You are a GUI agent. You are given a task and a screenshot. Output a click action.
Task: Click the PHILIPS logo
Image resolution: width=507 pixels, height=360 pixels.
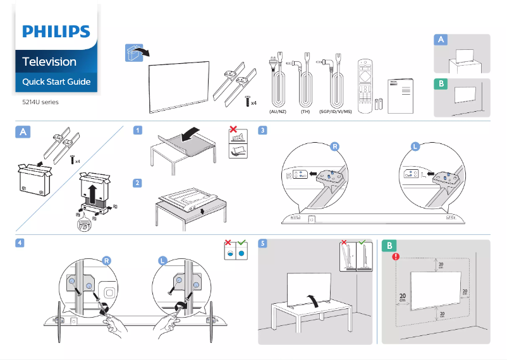(x=56, y=32)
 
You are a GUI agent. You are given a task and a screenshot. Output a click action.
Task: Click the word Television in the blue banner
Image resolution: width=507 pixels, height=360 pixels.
(x=49, y=62)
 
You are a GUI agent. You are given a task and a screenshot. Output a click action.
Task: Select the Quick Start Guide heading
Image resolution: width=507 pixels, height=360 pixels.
(x=56, y=82)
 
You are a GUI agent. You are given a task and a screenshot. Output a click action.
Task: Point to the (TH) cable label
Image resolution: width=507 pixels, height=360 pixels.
(x=305, y=111)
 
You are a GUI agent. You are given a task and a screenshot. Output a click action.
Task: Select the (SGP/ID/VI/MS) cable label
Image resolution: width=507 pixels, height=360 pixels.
(x=335, y=111)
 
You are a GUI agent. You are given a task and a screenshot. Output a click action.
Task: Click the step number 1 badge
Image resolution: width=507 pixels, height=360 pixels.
(x=137, y=131)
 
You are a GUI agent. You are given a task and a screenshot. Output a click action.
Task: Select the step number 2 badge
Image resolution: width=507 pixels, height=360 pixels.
(x=137, y=183)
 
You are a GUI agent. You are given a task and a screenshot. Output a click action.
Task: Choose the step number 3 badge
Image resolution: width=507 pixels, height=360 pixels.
(x=262, y=131)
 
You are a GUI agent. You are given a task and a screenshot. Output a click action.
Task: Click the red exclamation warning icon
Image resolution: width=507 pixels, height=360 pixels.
(x=396, y=256)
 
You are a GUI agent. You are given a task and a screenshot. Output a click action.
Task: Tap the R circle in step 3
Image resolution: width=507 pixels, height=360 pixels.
(x=335, y=147)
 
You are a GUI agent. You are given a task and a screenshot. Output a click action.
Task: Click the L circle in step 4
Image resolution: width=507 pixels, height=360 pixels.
(x=162, y=260)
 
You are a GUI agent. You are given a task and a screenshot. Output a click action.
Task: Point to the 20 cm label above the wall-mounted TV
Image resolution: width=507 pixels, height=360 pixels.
(x=441, y=267)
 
